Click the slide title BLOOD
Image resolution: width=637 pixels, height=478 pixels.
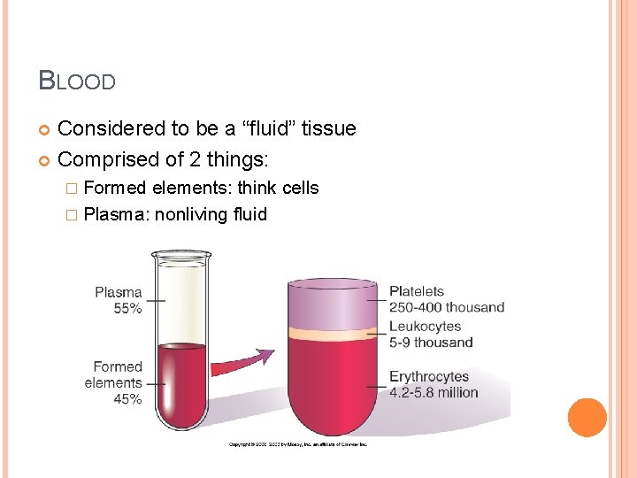click(77, 81)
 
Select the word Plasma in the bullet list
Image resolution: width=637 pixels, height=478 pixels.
click(116, 214)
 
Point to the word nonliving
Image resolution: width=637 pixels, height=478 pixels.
click(192, 214)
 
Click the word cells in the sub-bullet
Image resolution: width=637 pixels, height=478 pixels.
click(301, 188)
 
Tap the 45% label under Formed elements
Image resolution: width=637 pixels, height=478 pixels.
click(127, 399)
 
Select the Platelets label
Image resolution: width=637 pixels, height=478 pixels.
click(417, 291)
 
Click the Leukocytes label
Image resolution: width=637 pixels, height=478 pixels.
click(426, 327)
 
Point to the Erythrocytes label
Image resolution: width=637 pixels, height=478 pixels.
click(429, 377)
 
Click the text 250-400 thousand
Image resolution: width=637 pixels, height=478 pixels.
click(447, 307)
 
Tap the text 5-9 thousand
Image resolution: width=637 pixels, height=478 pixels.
click(431, 343)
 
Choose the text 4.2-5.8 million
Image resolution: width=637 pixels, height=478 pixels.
click(434, 393)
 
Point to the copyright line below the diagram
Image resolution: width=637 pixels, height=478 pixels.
click(298, 443)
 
